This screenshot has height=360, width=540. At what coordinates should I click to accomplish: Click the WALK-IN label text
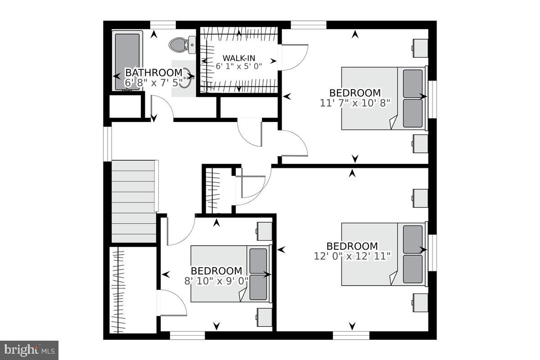(x=238, y=58)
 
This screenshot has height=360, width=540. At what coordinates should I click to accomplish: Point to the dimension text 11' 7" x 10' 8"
(x=355, y=102)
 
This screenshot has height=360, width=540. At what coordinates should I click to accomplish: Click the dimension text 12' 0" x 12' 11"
(x=352, y=256)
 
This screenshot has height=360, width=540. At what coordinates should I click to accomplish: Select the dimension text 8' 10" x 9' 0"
(x=216, y=280)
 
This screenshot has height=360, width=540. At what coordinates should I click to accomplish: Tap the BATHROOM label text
(x=153, y=72)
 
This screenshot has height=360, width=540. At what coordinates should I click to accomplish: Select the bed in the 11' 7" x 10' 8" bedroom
(x=383, y=98)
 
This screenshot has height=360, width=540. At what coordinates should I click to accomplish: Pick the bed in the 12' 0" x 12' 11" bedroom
(x=383, y=254)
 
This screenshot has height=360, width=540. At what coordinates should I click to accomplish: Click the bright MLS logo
(x=29, y=350)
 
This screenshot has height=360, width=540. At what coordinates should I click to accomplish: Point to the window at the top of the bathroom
(x=162, y=24)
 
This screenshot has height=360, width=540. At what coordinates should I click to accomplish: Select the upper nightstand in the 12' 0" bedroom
(x=420, y=198)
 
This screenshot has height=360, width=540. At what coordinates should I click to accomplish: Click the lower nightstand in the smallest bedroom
(x=264, y=317)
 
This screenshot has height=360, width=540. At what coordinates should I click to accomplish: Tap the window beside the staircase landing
(x=107, y=144)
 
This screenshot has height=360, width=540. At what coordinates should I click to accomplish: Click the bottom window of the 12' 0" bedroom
(x=351, y=335)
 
